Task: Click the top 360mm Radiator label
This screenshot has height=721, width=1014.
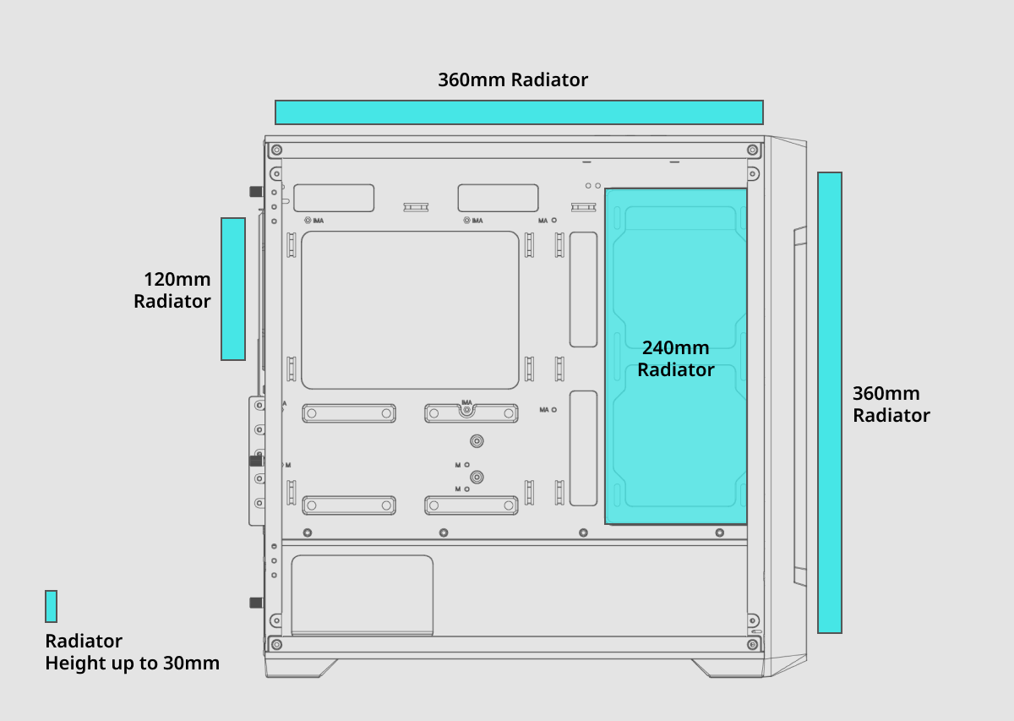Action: (513, 80)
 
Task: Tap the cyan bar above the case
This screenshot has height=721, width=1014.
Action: (519, 112)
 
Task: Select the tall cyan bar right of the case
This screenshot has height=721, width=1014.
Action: (830, 402)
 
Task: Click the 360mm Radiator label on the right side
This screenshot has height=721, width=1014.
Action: (891, 405)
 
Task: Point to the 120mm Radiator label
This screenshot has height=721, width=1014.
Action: (173, 290)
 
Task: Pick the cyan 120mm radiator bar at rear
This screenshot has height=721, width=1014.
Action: (233, 289)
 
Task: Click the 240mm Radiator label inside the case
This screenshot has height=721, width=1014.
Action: (675, 359)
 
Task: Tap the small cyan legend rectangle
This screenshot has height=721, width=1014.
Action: (52, 607)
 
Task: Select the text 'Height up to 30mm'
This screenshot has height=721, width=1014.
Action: (133, 663)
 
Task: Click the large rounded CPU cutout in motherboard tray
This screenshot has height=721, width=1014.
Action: (410, 310)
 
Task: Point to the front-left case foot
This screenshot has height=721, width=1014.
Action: (301, 667)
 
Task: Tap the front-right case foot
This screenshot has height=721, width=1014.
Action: (728, 667)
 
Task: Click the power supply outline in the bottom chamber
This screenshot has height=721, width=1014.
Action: (362, 595)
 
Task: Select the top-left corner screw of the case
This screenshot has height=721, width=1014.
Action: (276, 150)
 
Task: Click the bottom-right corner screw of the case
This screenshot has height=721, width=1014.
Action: (752, 644)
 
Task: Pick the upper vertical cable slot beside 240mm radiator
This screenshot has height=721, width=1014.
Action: (583, 289)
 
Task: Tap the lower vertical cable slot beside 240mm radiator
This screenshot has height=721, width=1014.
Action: (583, 448)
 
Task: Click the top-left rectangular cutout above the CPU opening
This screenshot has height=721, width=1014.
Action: (335, 198)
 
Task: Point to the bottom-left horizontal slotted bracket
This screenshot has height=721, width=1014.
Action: (349, 505)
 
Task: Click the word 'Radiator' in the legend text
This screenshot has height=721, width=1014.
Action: (84, 641)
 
